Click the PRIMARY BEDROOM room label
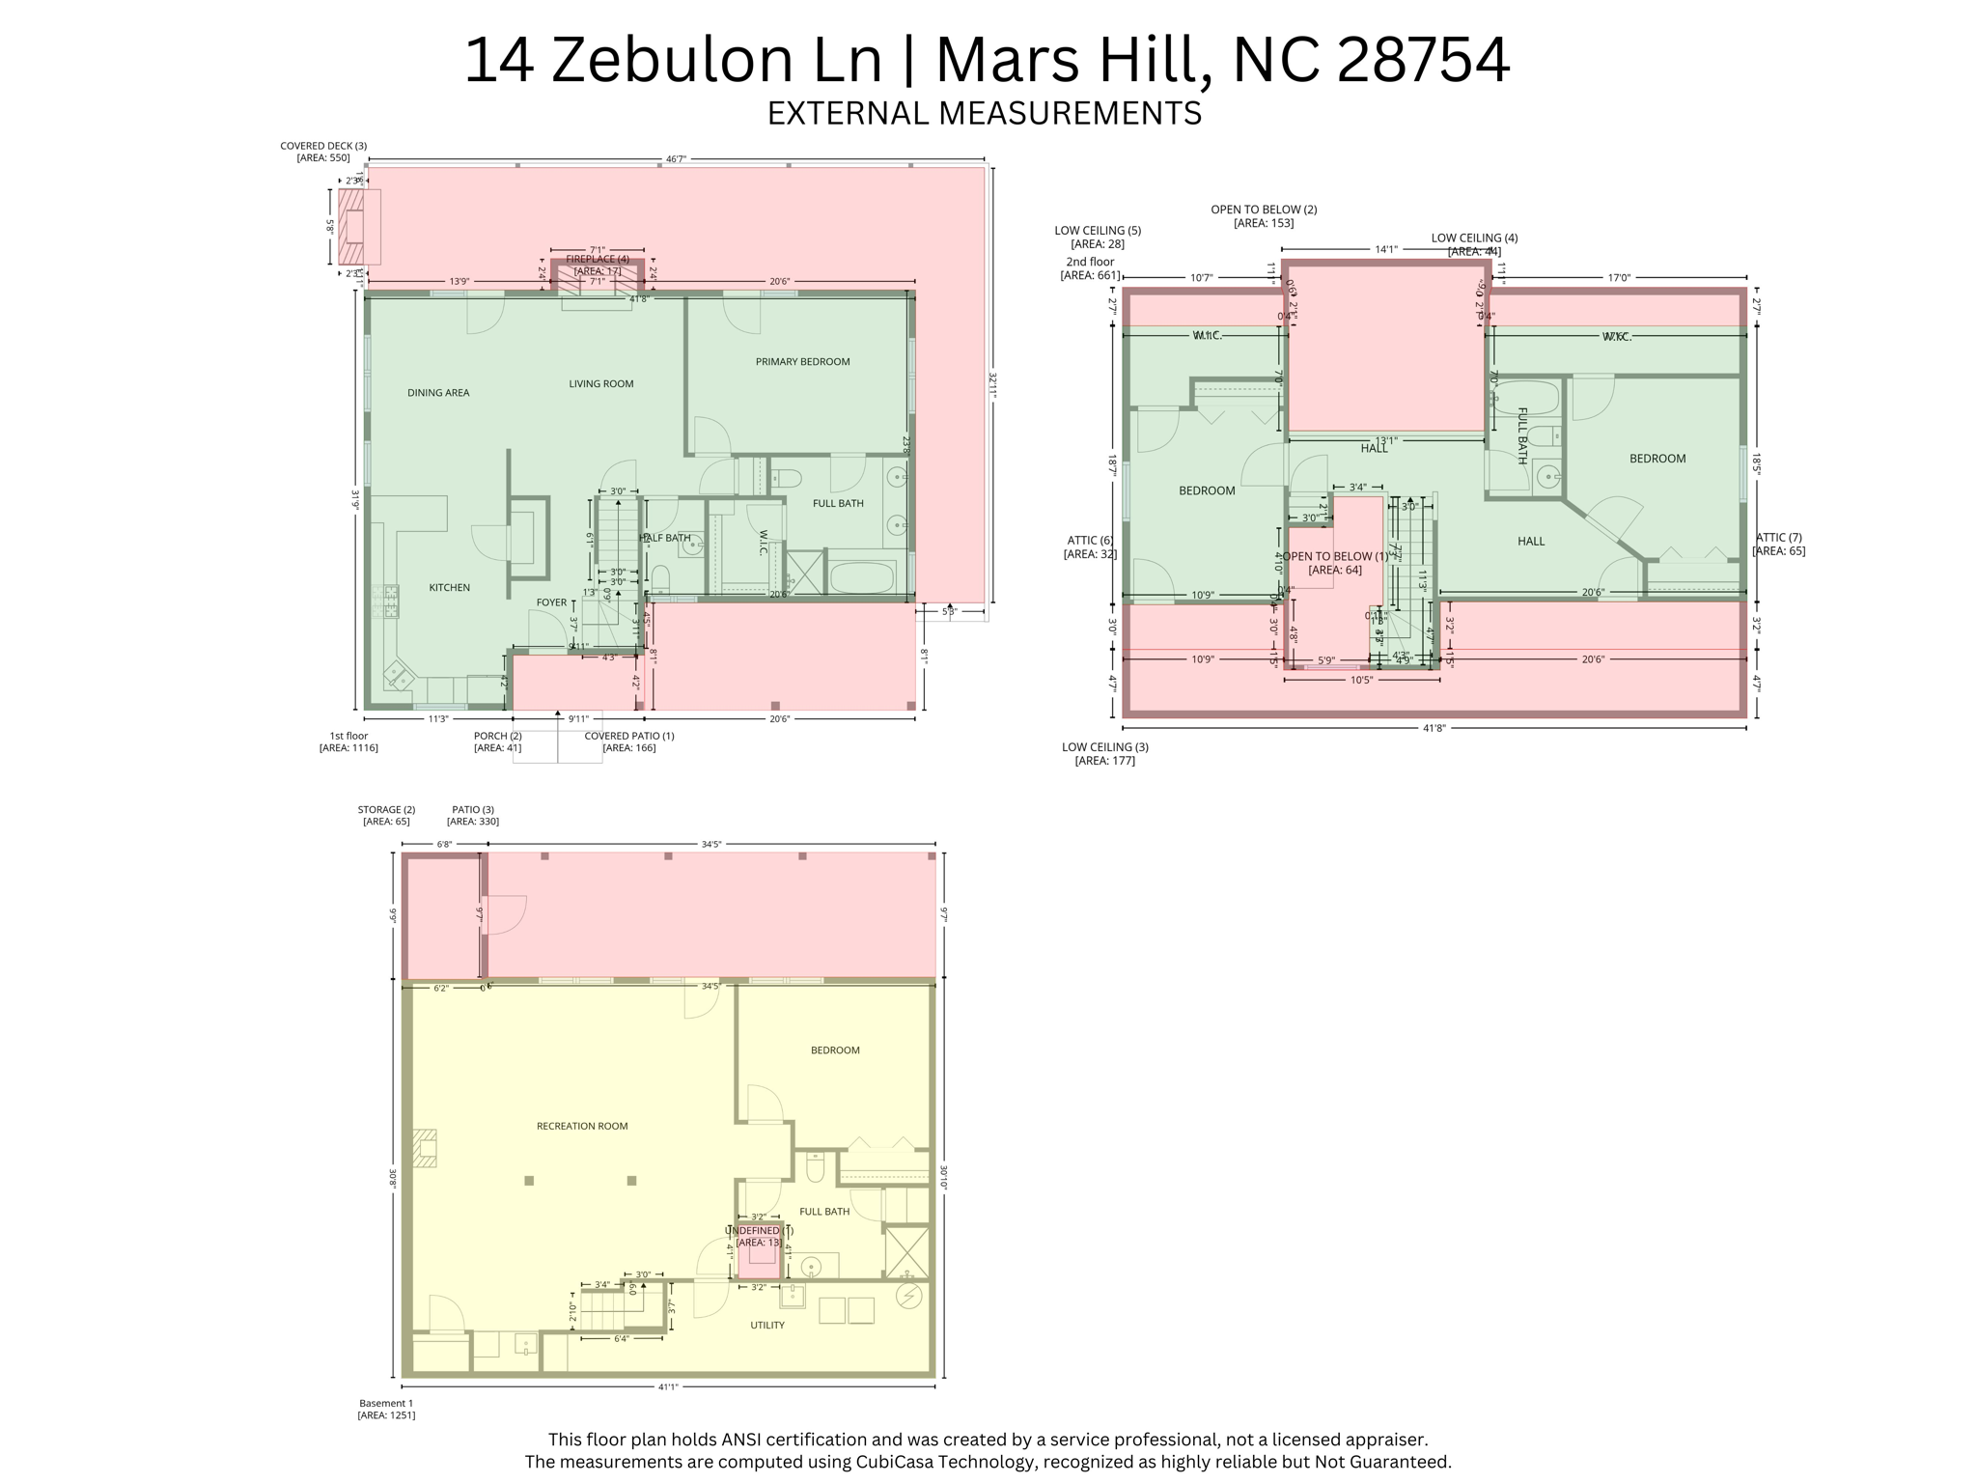[x=802, y=362]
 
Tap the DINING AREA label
[x=438, y=393]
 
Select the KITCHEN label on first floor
[x=449, y=588]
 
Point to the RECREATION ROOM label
[x=582, y=1126]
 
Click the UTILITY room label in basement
[x=767, y=1326]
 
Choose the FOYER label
[x=551, y=602]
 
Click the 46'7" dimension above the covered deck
[x=676, y=159]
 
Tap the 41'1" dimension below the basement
[x=668, y=1387]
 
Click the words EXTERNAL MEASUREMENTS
[x=984, y=114]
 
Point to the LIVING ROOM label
[x=600, y=384]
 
